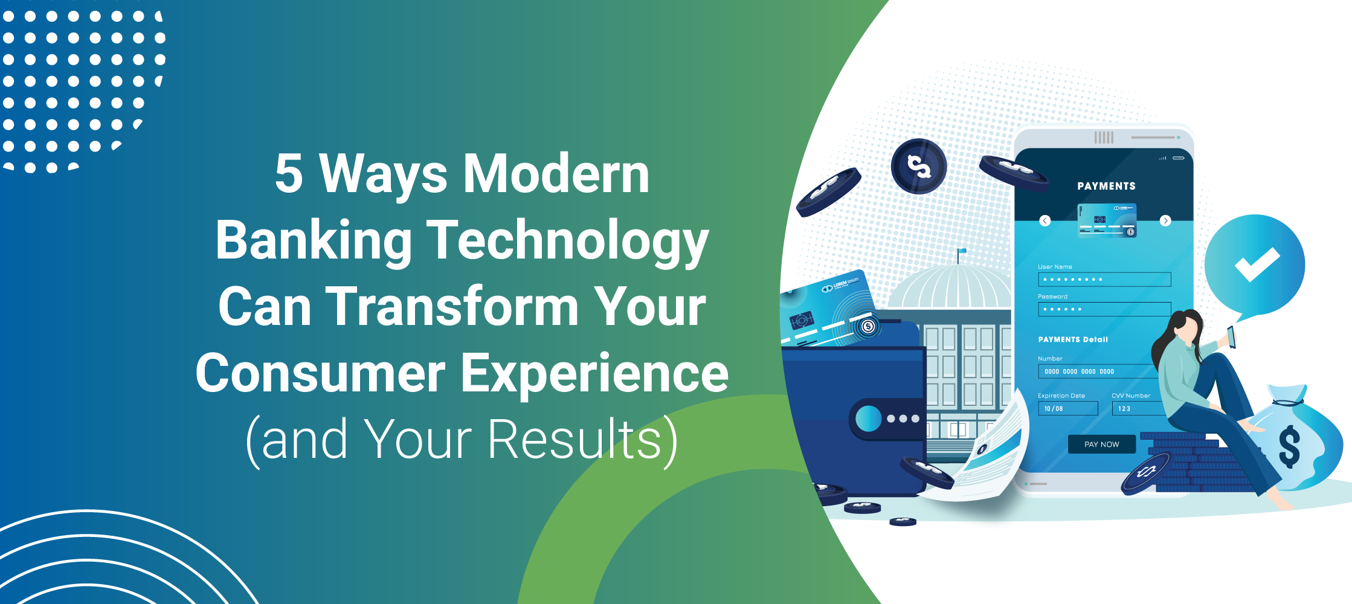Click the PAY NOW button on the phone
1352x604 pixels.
1101,445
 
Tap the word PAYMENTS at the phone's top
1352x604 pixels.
1106,186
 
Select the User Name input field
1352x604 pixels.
1104,279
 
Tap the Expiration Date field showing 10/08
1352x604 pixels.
1067,409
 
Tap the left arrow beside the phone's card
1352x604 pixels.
1045,220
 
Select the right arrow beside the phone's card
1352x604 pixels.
1165,220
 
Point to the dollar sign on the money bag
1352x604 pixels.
1289,447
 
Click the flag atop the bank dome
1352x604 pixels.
961,252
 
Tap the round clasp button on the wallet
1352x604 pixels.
869,419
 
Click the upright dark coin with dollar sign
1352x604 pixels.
918,166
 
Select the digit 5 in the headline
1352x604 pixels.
289,174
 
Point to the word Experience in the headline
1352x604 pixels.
594,373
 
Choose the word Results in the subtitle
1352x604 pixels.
574,440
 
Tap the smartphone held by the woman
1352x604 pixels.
1231,337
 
